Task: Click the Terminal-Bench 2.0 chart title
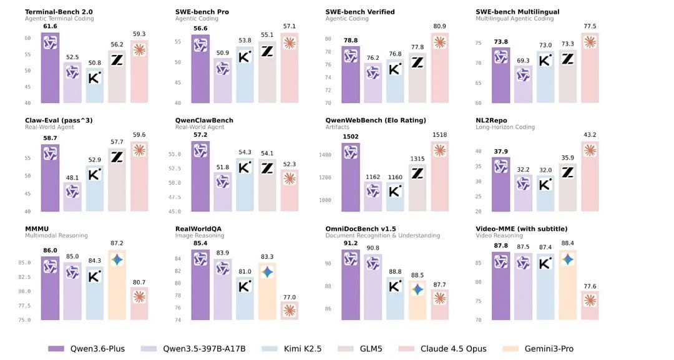tap(59, 12)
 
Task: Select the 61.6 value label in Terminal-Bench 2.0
tap(50, 26)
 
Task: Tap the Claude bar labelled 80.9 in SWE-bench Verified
tap(439, 68)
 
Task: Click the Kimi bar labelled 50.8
tap(95, 85)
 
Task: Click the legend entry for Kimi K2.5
tap(291, 349)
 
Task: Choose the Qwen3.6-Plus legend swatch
tap(56, 349)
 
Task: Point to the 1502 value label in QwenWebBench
tap(350, 137)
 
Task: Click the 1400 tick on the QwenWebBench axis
tap(325, 155)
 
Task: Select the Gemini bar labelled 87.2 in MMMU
tap(117, 285)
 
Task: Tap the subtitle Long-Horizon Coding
tap(505, 127)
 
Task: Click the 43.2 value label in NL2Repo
tap(590, 135)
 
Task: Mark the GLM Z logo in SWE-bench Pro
tap(267, 52)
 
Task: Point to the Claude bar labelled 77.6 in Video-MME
tap(590, 306)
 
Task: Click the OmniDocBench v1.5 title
tap(361, 229)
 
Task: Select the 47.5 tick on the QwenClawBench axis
tap(175, 197)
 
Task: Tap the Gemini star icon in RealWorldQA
tap(267, 272)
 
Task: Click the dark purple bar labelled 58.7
tap(50, 178)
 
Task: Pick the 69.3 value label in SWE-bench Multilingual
tap(523, 61)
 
